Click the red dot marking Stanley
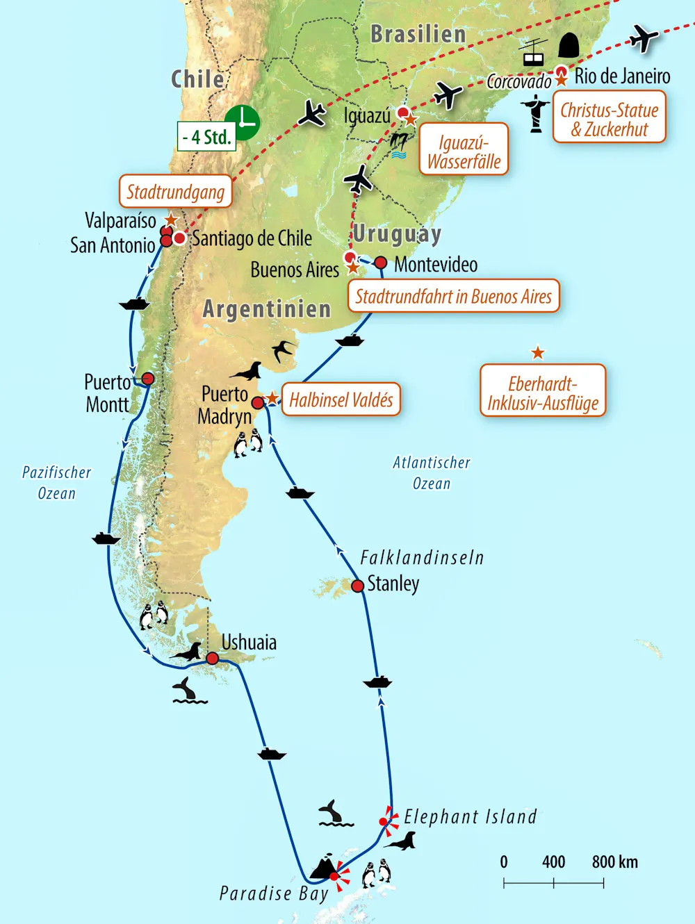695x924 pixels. pos(357,586)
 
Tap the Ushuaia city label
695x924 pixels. pos(249,642)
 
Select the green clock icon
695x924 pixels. pos(243,122)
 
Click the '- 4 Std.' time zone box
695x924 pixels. pos(206,137)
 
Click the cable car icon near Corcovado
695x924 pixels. pos(534,53)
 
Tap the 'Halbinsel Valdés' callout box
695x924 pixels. pos(341,399)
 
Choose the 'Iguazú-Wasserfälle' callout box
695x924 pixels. pos(464,152)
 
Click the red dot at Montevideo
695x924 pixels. pos(380,263)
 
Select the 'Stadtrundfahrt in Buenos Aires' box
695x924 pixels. pos(453,297)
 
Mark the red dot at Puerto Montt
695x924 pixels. pos(147,379)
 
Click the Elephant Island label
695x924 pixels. pos(471,817)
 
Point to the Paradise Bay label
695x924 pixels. pos(273,893)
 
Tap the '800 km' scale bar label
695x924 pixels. pos(614,862)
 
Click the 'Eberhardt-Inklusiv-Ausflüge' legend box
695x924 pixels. pos(543,393)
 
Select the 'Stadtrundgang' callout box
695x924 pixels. pos(175,192)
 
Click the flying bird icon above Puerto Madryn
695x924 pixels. pos(283,350)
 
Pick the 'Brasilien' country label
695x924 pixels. pos(418,34)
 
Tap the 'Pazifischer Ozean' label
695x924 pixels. pos(56,483)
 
